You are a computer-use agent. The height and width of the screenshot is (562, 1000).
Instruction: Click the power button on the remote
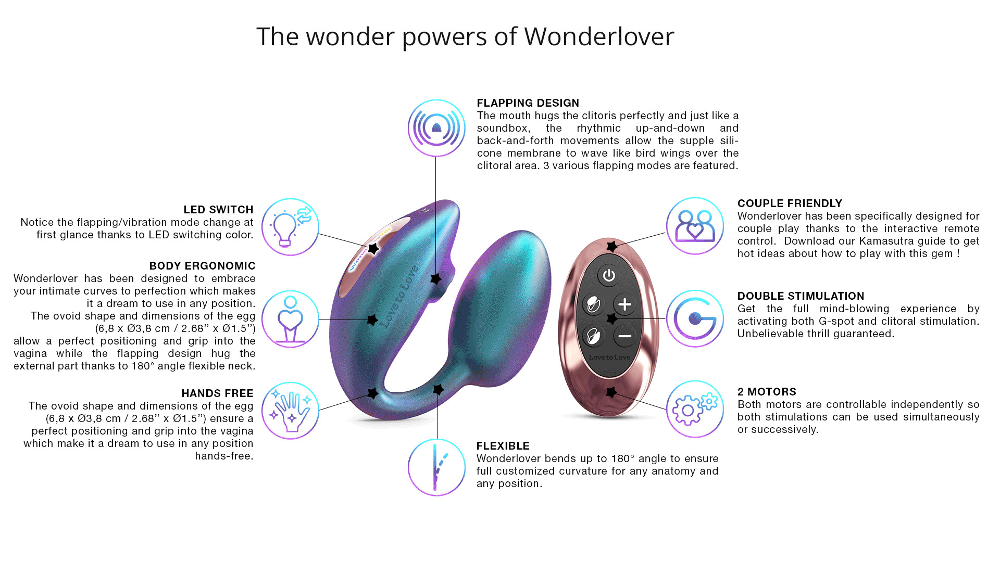tap(608, 275)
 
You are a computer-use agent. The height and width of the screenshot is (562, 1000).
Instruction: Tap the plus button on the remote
tap(624, 304)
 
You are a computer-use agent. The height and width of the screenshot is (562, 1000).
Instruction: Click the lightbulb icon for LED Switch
tap(290, 227)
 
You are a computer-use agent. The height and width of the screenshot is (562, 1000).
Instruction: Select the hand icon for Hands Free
tap(290, 411)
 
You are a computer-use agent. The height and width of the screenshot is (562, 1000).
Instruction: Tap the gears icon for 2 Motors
tap(695, 409)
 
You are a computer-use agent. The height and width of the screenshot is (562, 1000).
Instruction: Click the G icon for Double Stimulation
tap(695, 318)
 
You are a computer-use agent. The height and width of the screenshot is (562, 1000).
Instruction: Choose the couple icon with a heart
tap(695, 226)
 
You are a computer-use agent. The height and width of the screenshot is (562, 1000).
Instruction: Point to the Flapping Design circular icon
tap(436, 128)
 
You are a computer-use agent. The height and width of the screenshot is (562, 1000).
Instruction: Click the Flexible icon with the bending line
tap(436, 467)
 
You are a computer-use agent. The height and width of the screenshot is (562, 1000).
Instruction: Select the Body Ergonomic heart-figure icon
tap(290, 319)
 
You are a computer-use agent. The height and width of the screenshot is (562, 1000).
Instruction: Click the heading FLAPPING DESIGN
tap(528, 103)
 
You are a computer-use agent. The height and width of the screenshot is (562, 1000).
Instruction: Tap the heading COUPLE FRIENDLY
tap(790, 203)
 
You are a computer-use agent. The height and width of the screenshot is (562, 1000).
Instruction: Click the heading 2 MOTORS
tap(767, 392)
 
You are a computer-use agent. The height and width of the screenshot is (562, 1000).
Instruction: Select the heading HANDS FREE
tap(217, 393)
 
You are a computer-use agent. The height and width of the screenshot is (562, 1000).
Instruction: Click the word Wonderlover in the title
tap(599, 36)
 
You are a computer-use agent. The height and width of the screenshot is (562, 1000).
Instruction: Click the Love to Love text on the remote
tap(609, 357)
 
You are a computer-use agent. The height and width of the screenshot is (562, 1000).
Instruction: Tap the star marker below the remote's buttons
tap(611, 392)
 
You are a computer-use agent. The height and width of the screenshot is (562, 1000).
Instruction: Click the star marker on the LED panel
tap(373, 249)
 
